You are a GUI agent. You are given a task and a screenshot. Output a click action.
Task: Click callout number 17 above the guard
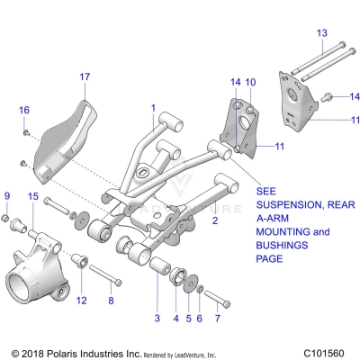(x=85, y=77)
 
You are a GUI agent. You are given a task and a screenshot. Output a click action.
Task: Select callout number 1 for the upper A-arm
(x=154, y=108)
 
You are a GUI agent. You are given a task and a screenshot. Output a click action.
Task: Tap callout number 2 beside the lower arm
(x=214, y=220)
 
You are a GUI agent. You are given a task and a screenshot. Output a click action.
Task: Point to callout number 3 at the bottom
(x=157, y=319)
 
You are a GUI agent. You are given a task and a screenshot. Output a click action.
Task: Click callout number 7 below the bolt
(x=217, y=319)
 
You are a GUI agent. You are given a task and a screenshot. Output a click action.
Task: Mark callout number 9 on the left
(x=8, y=196)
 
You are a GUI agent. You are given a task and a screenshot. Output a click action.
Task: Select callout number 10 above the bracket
(x=249, y=82)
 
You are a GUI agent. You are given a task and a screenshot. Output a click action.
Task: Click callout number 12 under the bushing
(x=81, y=301)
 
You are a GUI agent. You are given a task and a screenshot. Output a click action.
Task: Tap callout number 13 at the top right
(x=321, y=32)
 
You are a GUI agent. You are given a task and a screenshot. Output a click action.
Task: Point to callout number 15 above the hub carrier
(x=32, y=196)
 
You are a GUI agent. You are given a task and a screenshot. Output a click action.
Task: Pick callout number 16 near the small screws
(x=24, y=110)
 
